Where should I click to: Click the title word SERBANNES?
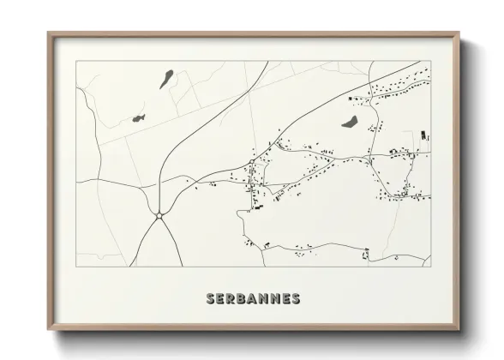252,299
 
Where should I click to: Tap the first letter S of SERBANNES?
210,299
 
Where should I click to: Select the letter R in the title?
231,299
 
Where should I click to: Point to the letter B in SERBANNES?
243,299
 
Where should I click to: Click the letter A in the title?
254,299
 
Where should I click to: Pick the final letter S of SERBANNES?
296,299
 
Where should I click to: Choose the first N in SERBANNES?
265,299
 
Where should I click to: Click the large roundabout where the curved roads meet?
159,214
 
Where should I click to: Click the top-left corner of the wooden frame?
48,33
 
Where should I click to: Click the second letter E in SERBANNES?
286,299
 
